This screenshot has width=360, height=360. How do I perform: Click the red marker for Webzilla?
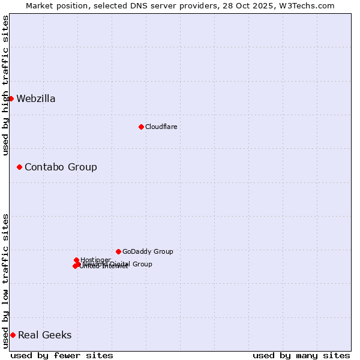(11, 98)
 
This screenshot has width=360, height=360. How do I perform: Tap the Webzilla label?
(36, 99)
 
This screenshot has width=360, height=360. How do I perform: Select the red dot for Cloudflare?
(141, 127)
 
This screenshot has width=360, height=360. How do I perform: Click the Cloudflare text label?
(161, 127)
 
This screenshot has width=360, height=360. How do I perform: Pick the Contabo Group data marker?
(19, 167)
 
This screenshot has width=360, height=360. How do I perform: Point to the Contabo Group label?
(61, 167)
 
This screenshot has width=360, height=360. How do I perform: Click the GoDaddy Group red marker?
(118, 251)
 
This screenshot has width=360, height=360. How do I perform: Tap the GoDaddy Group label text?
(148, 251)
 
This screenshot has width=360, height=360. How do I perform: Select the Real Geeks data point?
(13, 335)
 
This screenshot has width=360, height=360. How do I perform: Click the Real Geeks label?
(45, 335)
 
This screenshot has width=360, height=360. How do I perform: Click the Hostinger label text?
(96, 260)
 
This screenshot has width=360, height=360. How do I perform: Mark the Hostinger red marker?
(76, 260)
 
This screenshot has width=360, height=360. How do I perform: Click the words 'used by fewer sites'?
(62, 355)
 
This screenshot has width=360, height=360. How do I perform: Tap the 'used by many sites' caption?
(301, 355)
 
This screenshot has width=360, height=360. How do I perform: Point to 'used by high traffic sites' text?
(5, 85)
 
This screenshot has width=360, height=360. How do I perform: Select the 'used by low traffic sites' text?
(5, 281)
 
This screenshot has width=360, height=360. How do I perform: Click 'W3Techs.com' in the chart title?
(309, 5)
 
